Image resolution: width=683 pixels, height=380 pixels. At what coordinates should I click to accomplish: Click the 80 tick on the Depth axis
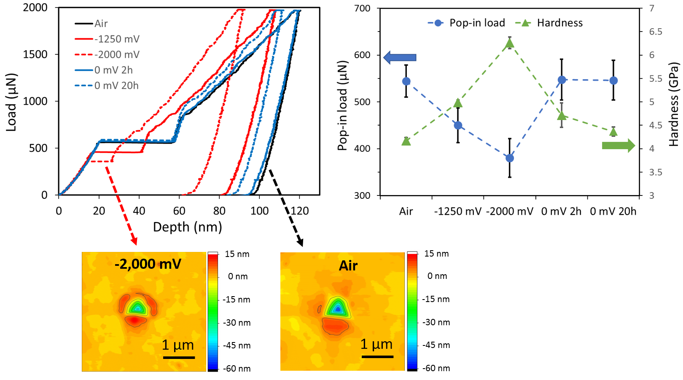tap(219, 211)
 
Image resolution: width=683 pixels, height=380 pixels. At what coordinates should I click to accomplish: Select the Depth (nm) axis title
tap(187, 227)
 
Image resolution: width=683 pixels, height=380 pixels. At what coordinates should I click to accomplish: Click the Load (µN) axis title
tap(11, 102)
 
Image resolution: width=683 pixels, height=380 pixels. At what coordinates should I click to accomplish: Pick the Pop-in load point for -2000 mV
tap(510, 158)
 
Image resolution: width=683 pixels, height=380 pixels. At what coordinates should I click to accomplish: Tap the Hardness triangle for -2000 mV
tap(510, 43)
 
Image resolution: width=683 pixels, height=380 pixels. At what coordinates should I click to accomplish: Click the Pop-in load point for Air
tap(406, 81)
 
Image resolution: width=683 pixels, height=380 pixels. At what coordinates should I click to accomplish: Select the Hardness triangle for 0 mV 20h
tap(613, 132)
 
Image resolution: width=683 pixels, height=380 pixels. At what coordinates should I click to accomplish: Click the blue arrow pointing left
tap(400, 57)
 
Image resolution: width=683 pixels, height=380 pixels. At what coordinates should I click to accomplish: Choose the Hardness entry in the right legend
tap(559, 23)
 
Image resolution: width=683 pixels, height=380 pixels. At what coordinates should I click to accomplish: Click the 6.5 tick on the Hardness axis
tap(655, 32)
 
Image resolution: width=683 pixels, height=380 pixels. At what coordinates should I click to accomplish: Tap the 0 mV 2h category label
tap(561, 211)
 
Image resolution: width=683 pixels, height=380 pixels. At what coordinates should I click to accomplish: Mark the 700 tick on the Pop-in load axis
tap(363, 8)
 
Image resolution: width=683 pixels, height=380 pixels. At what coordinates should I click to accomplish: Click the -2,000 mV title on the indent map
tap(148, 264)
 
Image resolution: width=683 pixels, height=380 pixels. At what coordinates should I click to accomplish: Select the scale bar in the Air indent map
tap(377, 357)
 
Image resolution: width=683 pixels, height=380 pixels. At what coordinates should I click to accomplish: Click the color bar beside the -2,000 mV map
tap(213, 311)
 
